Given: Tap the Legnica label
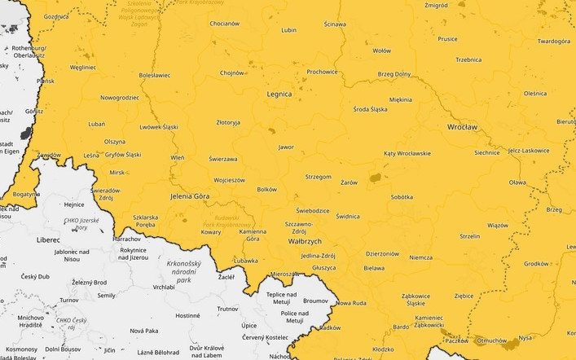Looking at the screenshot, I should [279, 94].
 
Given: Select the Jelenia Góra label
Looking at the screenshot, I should [190, 197].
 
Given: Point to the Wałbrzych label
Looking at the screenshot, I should [306, 242].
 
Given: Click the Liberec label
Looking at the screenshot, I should [47, 240].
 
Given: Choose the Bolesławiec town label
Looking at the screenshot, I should [155, 75].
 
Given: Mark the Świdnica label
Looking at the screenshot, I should [348, 217].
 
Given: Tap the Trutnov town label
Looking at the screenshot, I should [227, 309].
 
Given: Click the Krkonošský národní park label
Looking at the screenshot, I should [189, 272].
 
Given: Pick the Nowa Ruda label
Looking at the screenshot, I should [351, 303].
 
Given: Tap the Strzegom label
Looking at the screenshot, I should [319, 176].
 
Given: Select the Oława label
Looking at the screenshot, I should [517, 183].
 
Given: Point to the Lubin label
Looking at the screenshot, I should [288, 30].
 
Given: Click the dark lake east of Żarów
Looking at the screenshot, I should [376, 177].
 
